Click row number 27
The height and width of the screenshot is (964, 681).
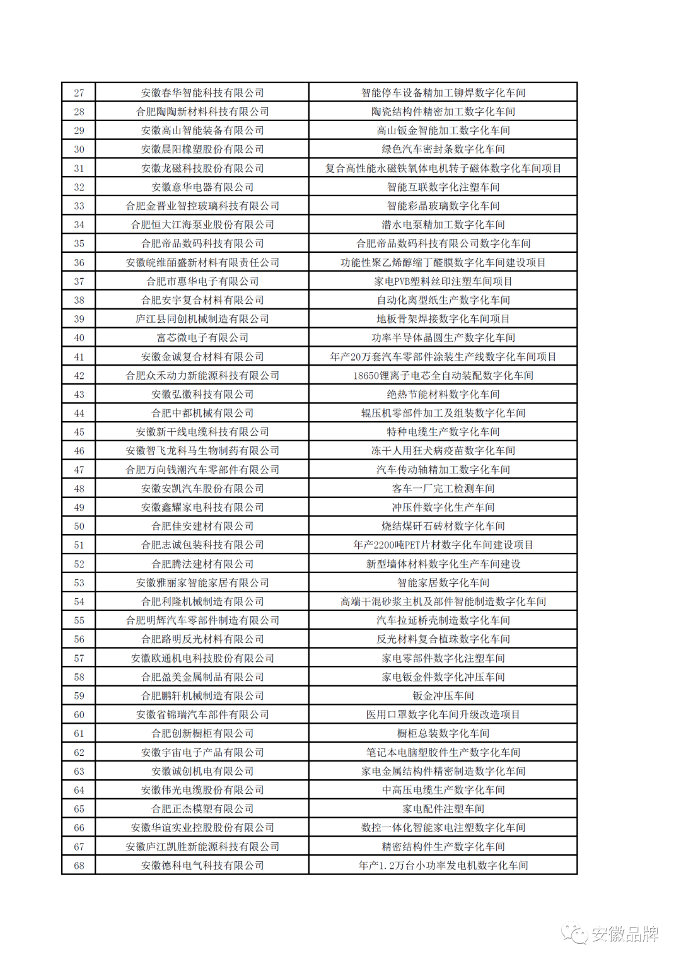point(79,93)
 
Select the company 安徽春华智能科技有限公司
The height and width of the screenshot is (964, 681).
point(202,93)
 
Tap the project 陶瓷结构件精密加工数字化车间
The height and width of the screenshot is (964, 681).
point(443,112)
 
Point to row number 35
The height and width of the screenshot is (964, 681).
point(79,243)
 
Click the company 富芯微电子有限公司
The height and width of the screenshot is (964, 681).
point(202,338)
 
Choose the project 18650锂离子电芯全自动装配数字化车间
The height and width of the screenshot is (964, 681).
point(443,376)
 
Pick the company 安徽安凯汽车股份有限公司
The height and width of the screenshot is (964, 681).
point(202,489)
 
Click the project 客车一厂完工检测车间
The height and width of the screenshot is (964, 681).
point(443,489)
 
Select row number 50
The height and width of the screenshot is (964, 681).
point(79,526)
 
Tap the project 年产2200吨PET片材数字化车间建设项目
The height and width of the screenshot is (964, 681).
point(443,545)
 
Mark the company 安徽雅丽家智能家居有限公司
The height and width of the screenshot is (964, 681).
point(202,583)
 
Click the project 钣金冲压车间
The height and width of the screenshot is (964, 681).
point(443,696)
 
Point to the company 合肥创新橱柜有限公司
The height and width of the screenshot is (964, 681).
point(202,733)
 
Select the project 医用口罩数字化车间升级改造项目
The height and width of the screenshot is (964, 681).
point(443,714)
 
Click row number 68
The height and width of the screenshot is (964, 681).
point(79,866)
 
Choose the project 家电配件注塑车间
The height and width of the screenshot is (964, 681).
point(443,809)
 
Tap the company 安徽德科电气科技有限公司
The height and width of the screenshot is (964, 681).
point(202,866)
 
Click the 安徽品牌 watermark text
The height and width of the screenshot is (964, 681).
point(624,934)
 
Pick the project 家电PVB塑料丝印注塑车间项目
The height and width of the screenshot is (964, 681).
point(443,281)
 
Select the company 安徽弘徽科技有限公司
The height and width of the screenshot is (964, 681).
point(202,395)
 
